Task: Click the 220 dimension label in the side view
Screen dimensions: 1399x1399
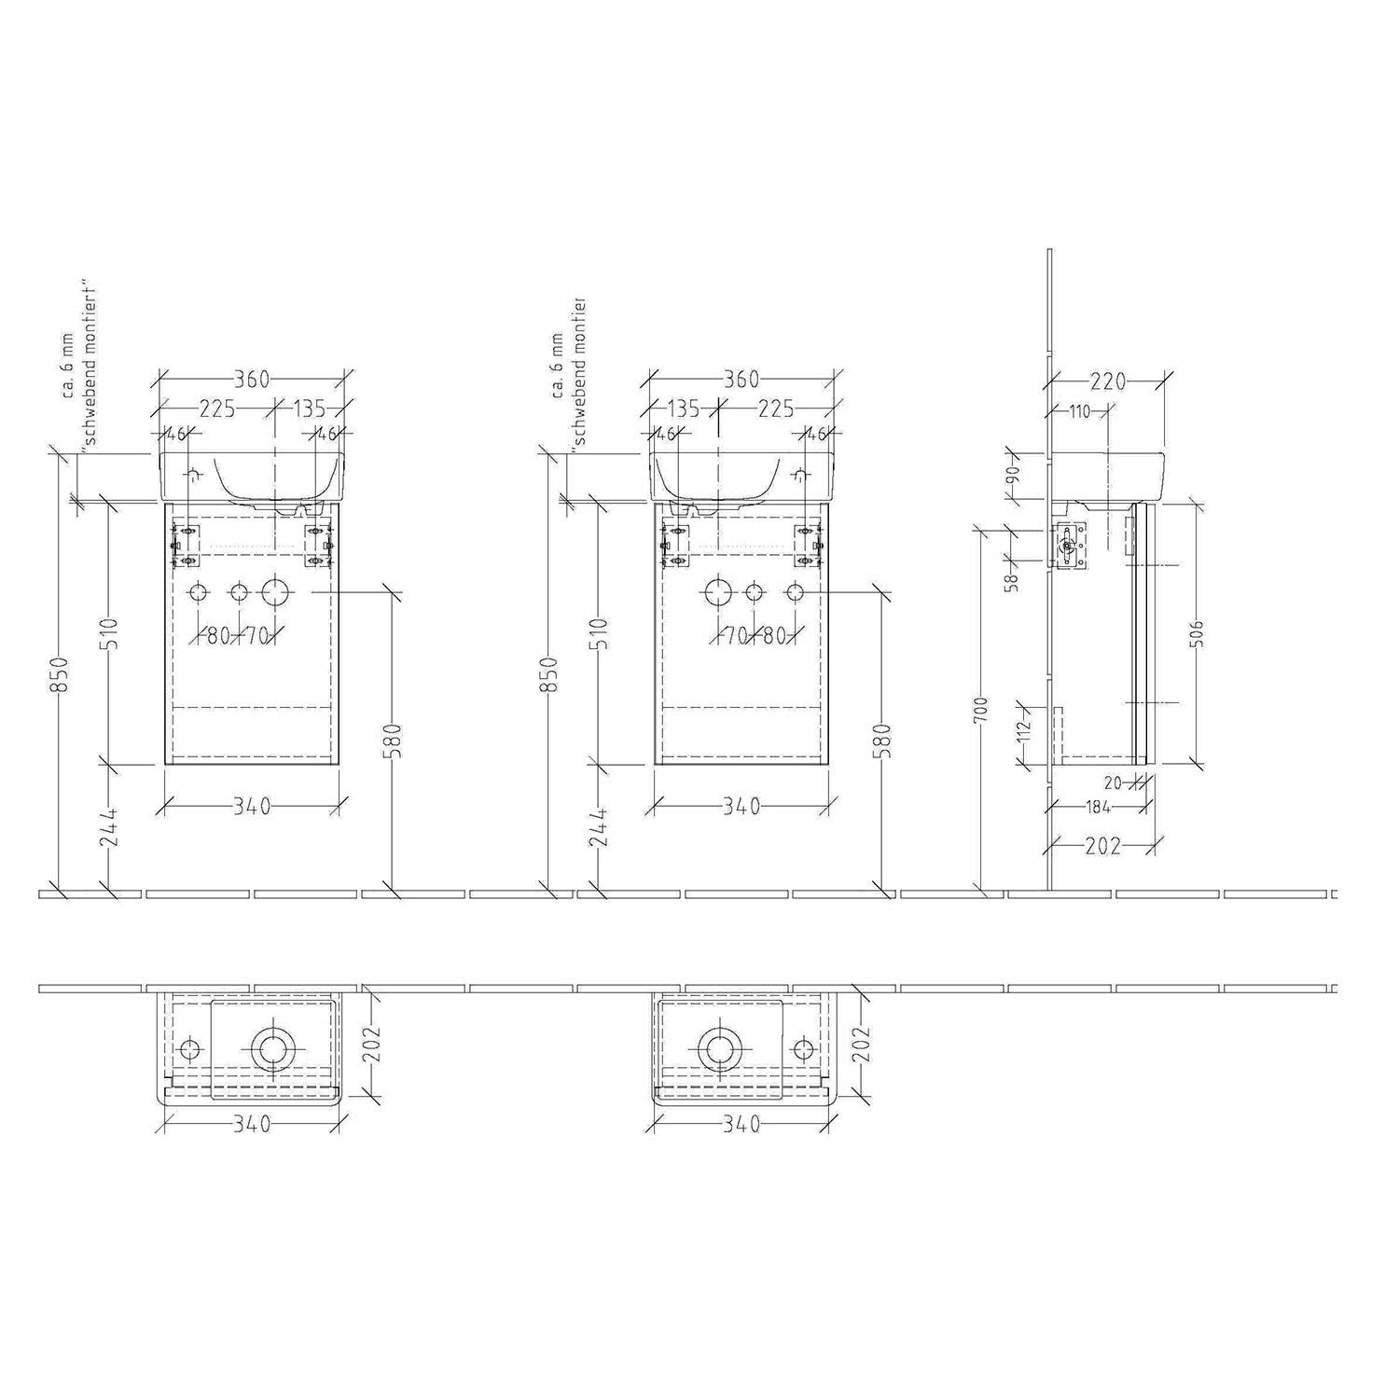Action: pos(1108,381)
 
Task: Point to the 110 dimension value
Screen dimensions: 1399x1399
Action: pos(1080,411)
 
